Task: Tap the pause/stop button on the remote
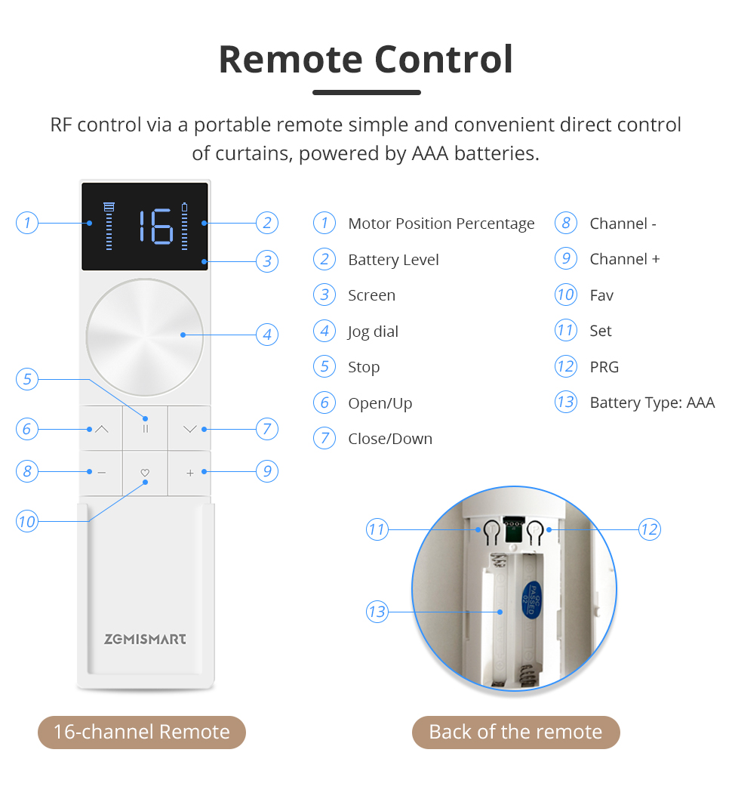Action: click(146, 428)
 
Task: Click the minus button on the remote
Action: click(102, 473)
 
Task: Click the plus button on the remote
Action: click(189, 473)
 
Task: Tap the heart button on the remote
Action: click(146, 473)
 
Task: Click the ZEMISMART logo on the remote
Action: click(145, 639)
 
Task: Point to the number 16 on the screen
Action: click(155, 227)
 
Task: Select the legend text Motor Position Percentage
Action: click(441, 224)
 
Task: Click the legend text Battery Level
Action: click(393, 260)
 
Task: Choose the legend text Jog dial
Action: click(373, 332)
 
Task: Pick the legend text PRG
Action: click(604, 367)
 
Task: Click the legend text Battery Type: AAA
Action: click(651, 403)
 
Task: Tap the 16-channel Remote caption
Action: click(142, 732)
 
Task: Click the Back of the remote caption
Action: click(515, 732)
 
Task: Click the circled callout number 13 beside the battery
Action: click(377, 611)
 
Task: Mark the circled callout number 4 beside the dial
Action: click(267, 334)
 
